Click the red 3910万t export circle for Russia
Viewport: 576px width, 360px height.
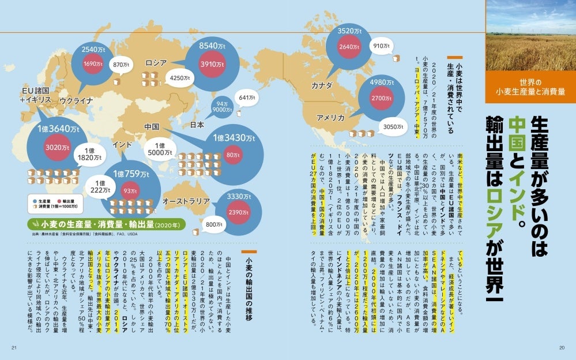tap(212, 65)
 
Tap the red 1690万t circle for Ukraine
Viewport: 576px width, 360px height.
tap(93, 65)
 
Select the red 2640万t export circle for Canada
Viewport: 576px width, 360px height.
tap(349, 47)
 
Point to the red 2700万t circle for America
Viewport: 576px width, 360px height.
tap(381, 98)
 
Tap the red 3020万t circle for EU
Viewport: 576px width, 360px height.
tap(58, 148)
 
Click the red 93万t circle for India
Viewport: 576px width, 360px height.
tap(130, 191)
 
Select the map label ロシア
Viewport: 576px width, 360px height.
tap(156, 62)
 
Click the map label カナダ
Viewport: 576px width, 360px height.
tap(322, 85)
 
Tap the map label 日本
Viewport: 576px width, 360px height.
tap(197, 124)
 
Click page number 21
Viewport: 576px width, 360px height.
tap(14, 347)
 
